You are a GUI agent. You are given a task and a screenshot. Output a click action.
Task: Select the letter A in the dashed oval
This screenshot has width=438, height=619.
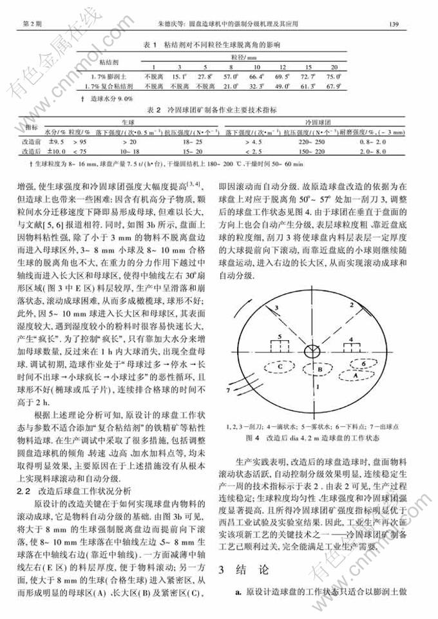(x=354, y=372)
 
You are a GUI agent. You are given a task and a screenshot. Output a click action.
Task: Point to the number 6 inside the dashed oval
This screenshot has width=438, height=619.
(x=364, y=363)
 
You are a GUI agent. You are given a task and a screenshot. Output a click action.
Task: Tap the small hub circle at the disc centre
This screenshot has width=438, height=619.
(x=310, y=350)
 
